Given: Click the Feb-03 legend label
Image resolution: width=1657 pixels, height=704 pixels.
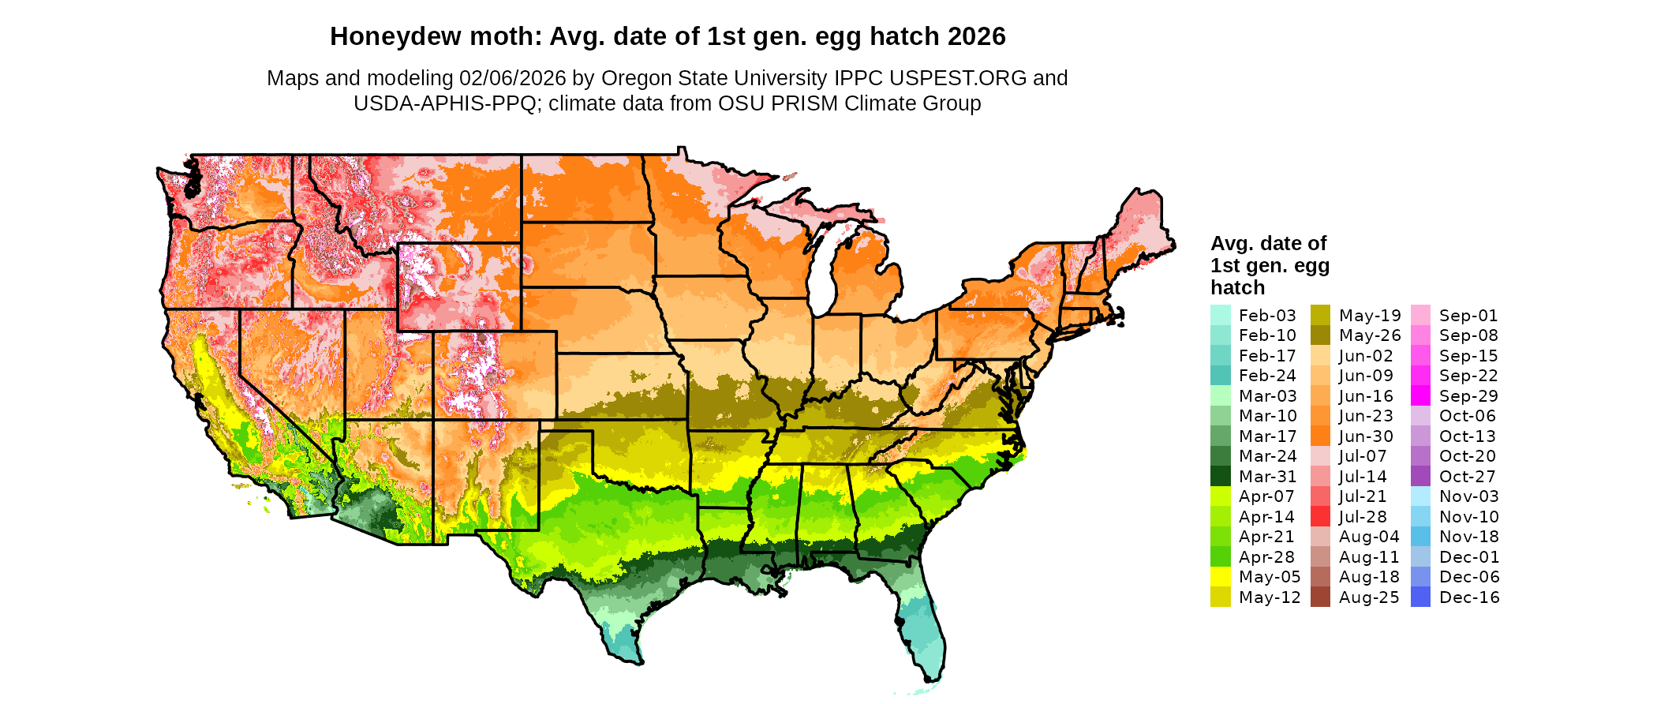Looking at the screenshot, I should coord(1267,316).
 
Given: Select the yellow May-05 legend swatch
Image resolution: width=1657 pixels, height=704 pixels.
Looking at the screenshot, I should coord(1220,577).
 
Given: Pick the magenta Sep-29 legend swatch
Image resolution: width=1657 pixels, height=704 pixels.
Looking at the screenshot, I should coord(1420,396).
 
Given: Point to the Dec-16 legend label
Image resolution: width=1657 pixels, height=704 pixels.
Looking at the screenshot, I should coord(1468,597).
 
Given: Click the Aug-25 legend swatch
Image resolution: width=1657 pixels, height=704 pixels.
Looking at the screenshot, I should coord(1320,597).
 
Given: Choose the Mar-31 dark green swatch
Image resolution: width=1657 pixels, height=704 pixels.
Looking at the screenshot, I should coord(1220,477).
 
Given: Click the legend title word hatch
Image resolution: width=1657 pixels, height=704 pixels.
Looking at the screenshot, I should coord(1237,287).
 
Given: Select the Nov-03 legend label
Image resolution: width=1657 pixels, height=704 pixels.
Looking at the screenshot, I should coord(1468,496).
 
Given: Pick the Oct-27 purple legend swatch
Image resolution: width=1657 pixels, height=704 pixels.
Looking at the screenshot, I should coord(1420,477).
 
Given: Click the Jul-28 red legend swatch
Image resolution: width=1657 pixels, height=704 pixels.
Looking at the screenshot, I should coord(1320,517).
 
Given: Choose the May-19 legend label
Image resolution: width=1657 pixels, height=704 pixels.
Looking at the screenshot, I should coord(1369,316).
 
